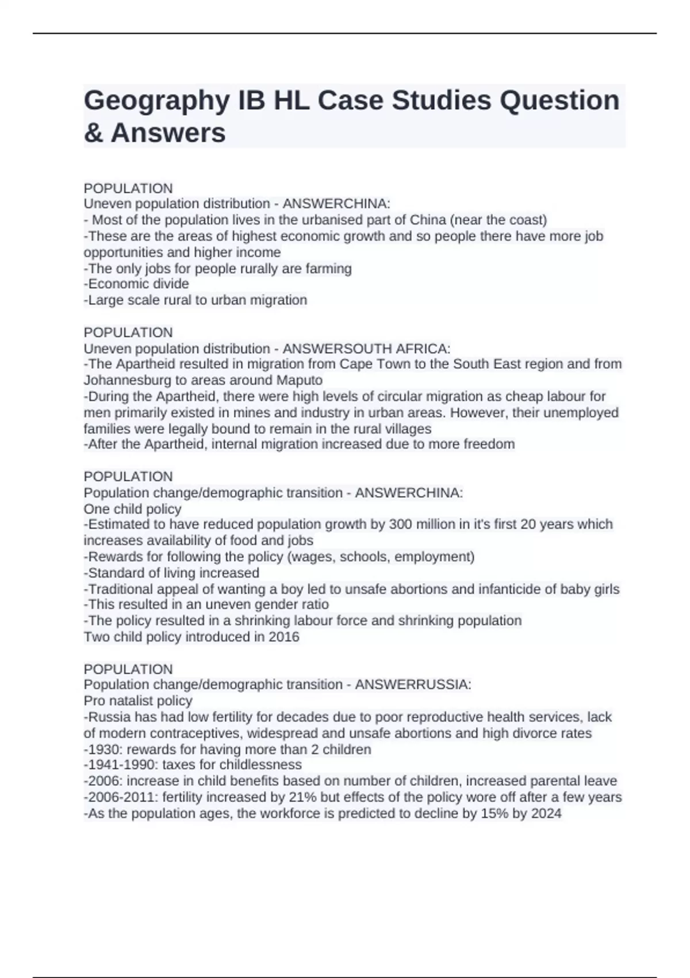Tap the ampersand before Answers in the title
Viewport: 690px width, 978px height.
point(93,133)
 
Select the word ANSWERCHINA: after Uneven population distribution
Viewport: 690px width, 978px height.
point(336,204)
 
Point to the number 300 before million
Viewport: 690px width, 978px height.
point(400,525)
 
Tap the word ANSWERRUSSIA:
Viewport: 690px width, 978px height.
point(413,685)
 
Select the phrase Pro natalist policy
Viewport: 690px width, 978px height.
point(138,701)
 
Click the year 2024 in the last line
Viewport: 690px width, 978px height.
point(546,813)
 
